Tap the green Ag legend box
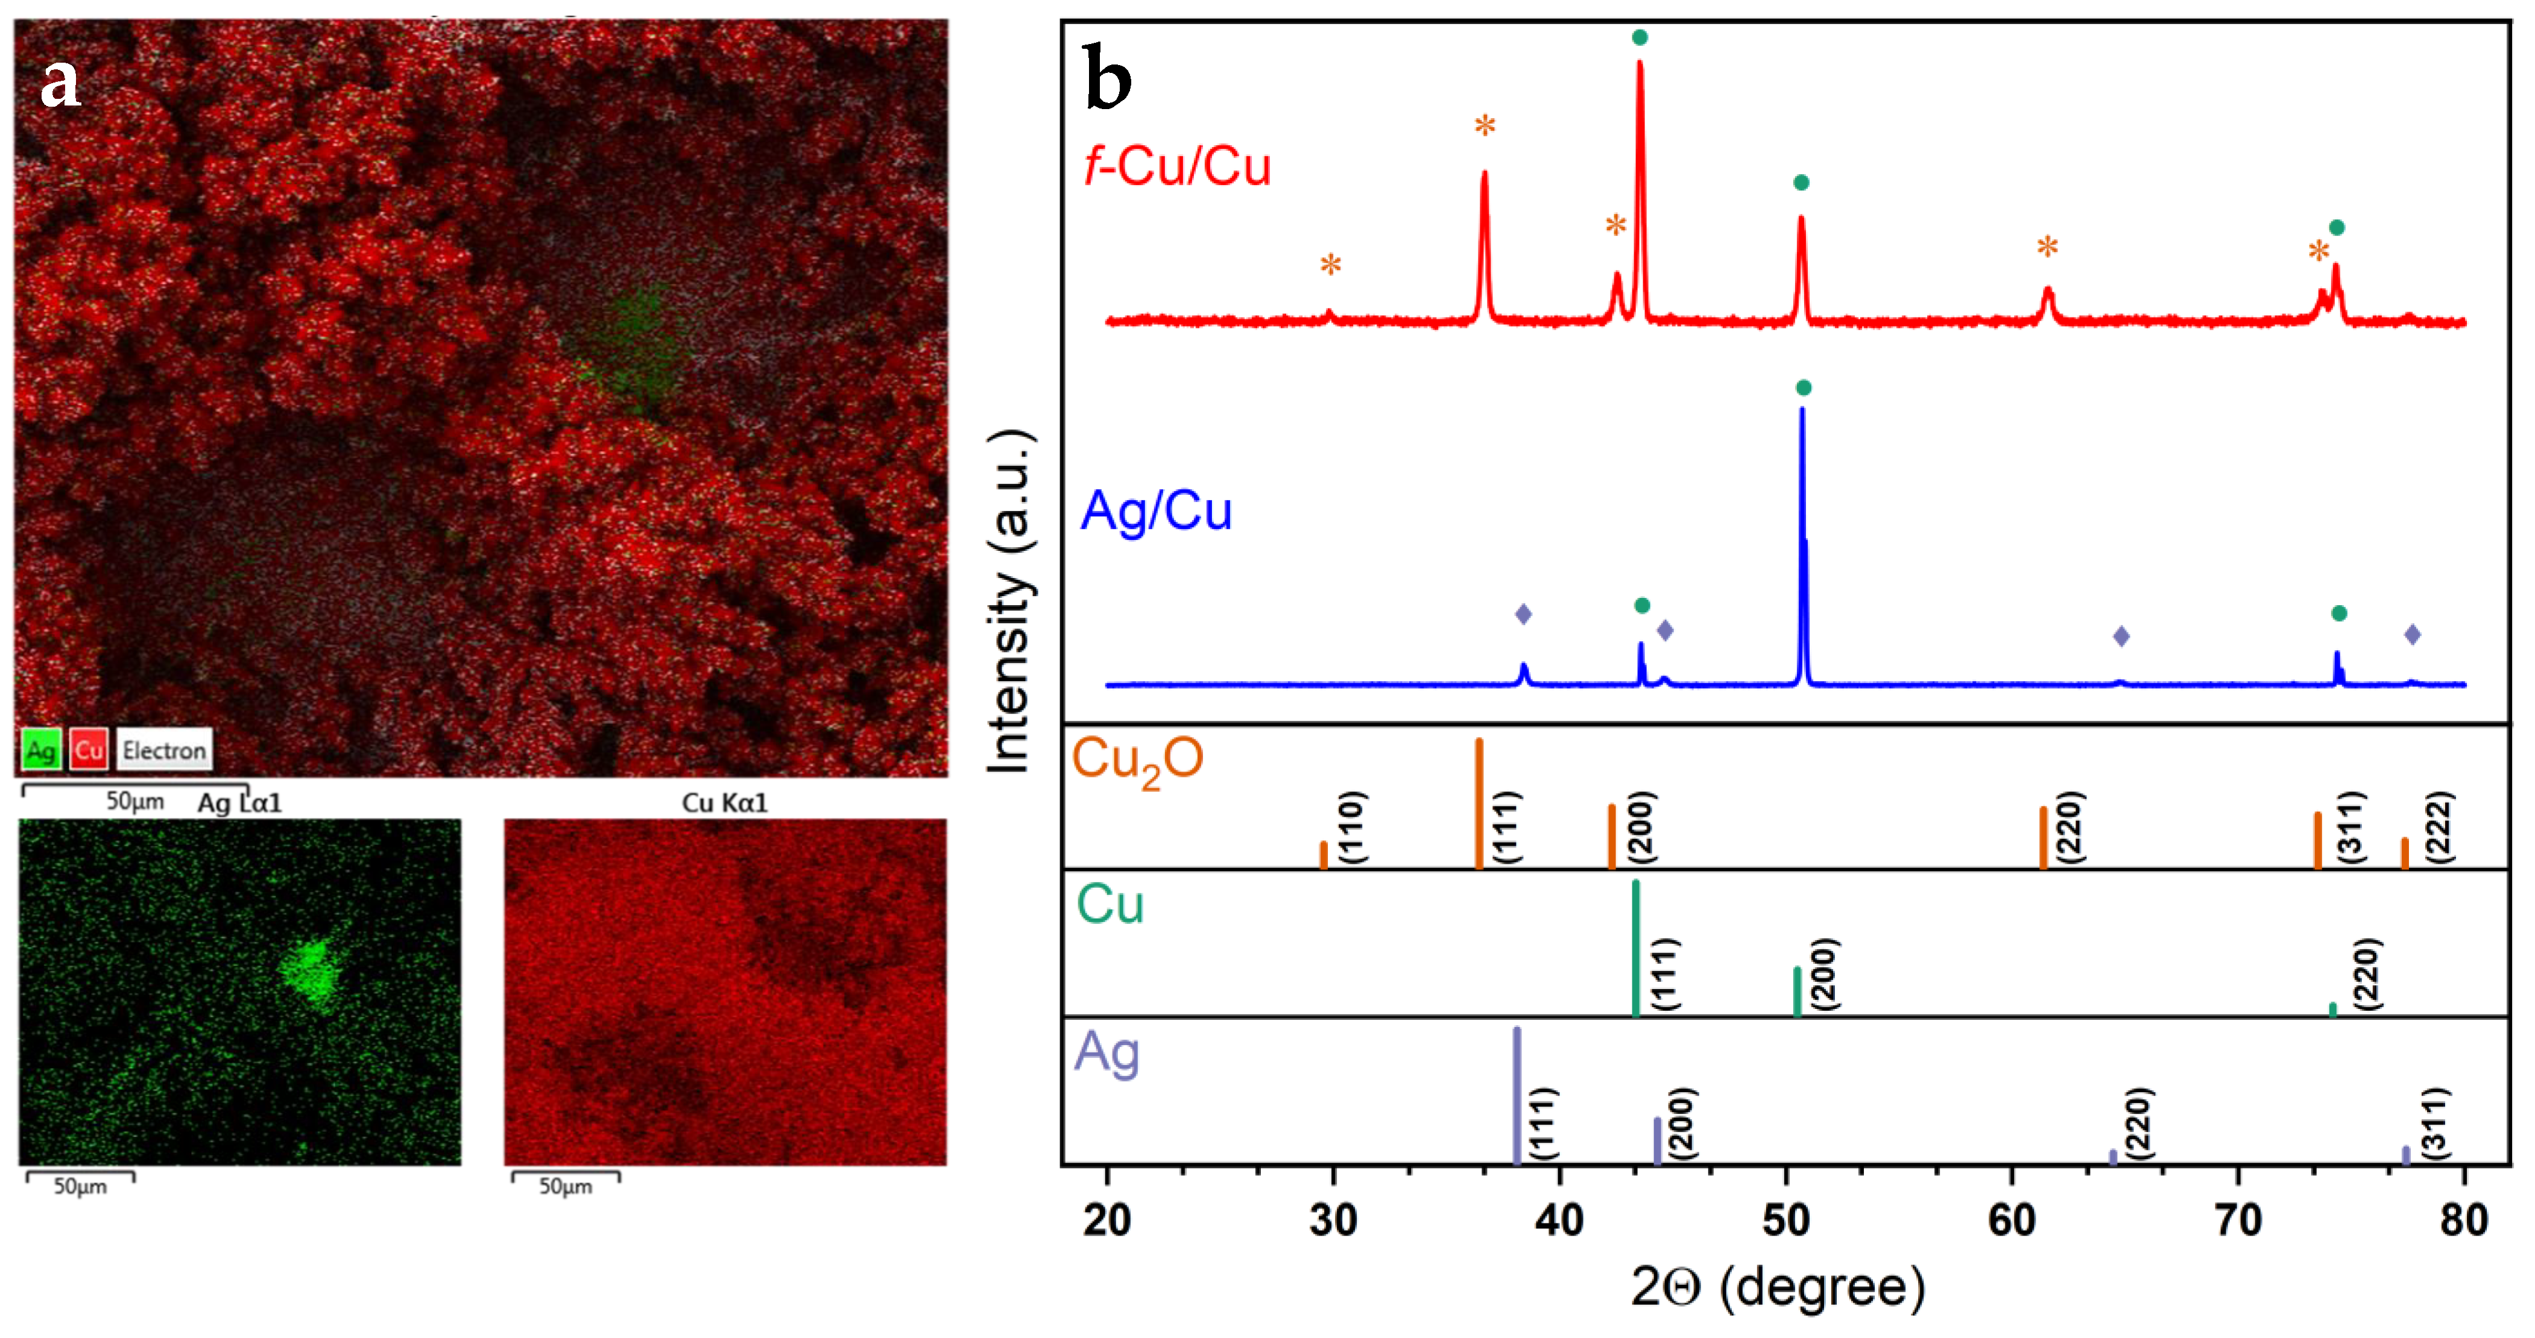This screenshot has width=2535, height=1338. click(x=40, y=750)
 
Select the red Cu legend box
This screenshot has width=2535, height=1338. click(x=89, y=750)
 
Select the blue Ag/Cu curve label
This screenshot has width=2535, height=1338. click(x=1157, y=510)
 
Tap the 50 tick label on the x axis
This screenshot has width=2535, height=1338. click(x=1786, y=1220)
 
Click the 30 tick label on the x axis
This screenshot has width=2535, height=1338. click(x=1333, y=1220)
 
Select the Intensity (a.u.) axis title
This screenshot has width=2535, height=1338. click(x=1009, y=602)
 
